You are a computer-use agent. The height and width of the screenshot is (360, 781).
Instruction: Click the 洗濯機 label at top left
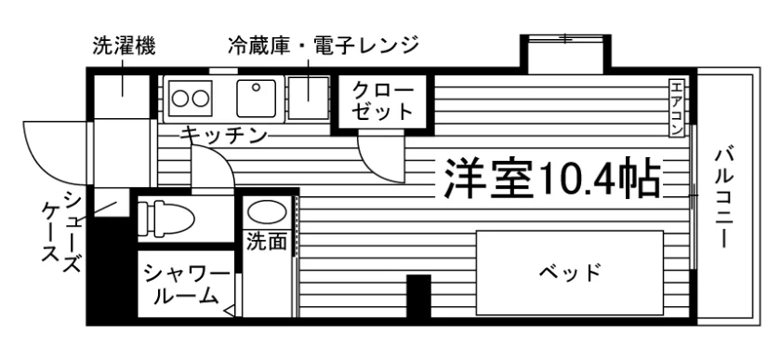pyautogui.click(x=124, y=47)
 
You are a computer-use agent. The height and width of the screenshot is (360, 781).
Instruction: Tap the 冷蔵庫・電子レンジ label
pyautogui.click(x=324, y=47)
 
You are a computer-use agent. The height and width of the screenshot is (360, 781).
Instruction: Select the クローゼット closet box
pyautogui.click(x=383, y=101)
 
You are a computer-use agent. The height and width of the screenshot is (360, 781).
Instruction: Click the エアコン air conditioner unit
pyautogui.click(x=676, y=109)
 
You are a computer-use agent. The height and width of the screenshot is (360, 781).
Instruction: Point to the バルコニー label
pyautogui.click(x=723, y=197)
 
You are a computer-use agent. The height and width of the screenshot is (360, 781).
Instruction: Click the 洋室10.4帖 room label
pyautogui.click(x=552, y=179)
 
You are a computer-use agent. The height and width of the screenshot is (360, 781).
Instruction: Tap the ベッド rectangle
pyautogui.click(x=570, y=273)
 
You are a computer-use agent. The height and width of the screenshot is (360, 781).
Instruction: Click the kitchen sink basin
pyautogui.click(x=256, y=99)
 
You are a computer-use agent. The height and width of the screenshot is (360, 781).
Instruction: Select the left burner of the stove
pyautogui.click(x=180, y=99)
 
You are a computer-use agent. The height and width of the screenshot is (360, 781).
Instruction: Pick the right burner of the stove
pyautogui.click(x=200, y=99)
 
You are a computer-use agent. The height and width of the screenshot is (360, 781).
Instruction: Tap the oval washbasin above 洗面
pyautogui.click(x=268, y=212)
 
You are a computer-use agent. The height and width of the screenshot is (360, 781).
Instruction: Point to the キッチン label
pyautogui.click(x=224, y=135)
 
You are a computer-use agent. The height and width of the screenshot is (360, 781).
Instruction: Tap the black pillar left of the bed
pyautogui.click(x=419, y=296)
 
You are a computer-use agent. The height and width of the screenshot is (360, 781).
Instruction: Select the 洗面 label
pyautogui.click(x=268, y=243)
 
